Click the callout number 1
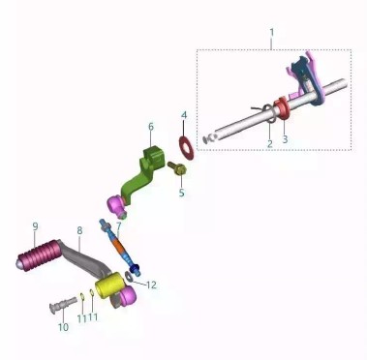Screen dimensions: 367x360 click(x=272, y=33)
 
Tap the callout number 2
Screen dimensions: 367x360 click(x=270, y=144)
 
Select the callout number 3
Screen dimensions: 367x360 click(x=285, y=139)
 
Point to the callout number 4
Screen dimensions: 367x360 click(x=184, y=115)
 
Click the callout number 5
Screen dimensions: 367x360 click(x=182, y=193)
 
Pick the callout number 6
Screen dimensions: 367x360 click(x=151, y=127)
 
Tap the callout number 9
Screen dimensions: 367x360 click(x=35, y=226)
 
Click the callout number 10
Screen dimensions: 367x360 click(x=64, y=327)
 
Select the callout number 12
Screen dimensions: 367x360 click(x=151, y=285)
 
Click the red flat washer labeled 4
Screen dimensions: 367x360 click(x=187, y=148)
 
